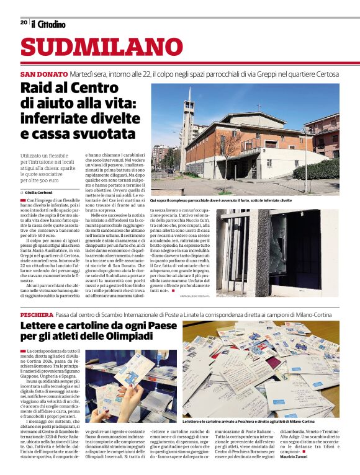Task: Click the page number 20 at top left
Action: click(x=24, y=22)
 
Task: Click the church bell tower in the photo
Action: click(x=187, y=124)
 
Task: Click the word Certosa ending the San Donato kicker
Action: click(x=325, y=74)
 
